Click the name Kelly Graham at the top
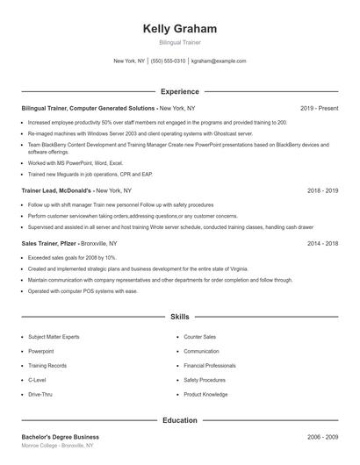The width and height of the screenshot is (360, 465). pyautogui.click(x=179, y=29)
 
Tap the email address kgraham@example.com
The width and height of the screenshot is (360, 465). pyautogui.click(x=219, y=61)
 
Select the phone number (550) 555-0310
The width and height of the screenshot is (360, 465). pyautogui.click(x=168, y=61)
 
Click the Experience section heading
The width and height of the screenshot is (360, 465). pyautogui.click(x=179, y=90)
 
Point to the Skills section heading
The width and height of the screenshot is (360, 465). pyautogui.click(x=179, y=316)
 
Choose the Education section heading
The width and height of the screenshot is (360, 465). pyautogui.click(x=179, y=420)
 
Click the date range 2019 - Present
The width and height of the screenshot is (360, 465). pyautogui.click(x=319, y=108)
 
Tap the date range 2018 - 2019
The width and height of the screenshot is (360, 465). pyautogui.click(x=321, y=190)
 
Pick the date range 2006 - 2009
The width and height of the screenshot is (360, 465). pyautogui.click(x=321, y=437)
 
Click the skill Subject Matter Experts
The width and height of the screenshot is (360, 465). pyautogui.click(x=54, y=337)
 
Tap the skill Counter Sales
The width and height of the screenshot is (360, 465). pyautogui.click(x=199, y=337)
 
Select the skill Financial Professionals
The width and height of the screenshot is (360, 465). pyautogui.click(x=210, y=366)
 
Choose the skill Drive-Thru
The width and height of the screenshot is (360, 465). pyautogui.click(x=40, y=395)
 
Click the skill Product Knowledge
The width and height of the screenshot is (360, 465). pyautogui.click(x=206, y=395)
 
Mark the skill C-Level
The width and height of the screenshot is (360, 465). pyautogui.click(x=37, y=380)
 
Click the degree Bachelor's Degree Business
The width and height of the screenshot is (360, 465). pyautogui.click(x=61, y=437)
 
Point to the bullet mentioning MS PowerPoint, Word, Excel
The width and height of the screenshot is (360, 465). pyautogui.click(x=76, y=163)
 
